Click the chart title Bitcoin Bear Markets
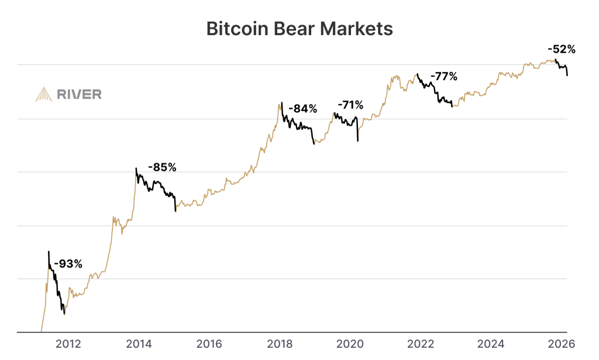click(x=299, y=29)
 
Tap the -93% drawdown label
click(x=68, y=263)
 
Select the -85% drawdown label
click(x=162, y=167)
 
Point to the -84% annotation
click(x=302, y=109)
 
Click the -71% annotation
click(x=350, y=105)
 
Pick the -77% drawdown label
click(x=444, y=77)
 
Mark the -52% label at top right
click(x=561, y=49)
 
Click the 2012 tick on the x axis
click(x=68, y=344)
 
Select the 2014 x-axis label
click(x=139, y=344)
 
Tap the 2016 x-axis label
click(x=209, y=344)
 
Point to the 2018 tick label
click(x=280, y=344)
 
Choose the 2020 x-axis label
click(x=350, y=344)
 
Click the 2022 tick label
click(x=421, y=344)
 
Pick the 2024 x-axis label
click(x=491, y=344)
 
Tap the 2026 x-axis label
click(x=561, y=344)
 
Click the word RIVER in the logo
click(x=79, y=94)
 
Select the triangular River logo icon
click(x=44, y=94)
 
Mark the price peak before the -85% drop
click(x=136, y=168)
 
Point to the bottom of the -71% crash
click(x=358, y=141)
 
